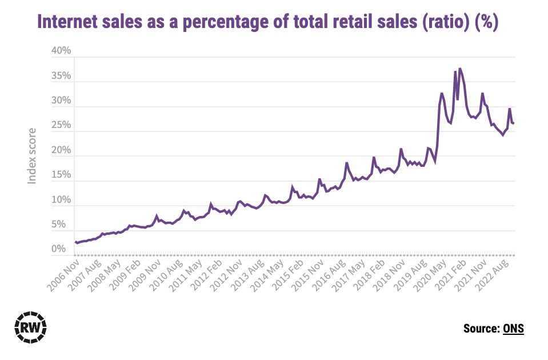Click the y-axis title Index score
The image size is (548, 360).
(33, 155)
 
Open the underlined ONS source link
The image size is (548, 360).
(513, 328)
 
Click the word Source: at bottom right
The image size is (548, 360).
(481, 328)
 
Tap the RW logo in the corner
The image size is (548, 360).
(30, 327)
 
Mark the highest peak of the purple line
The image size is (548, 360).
(460, 69)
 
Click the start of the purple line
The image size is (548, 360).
(75, 242)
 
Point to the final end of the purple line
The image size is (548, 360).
(514, 123)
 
